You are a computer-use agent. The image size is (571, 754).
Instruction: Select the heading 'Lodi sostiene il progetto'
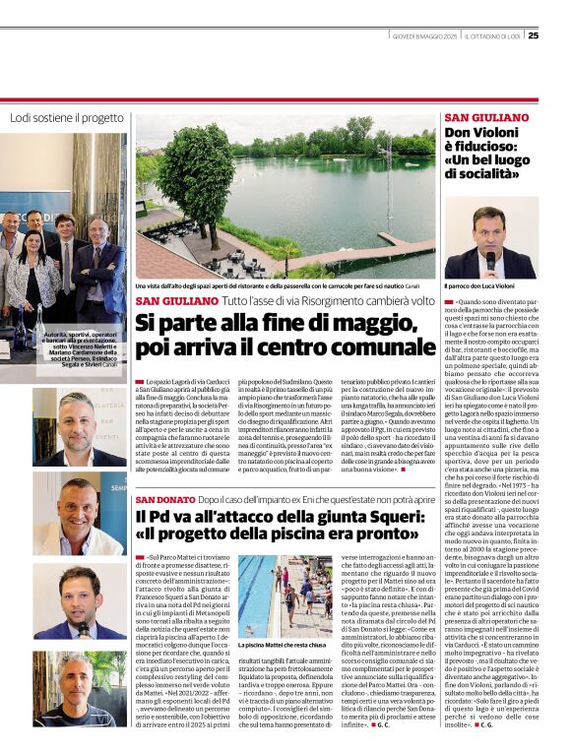coord(67,117)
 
